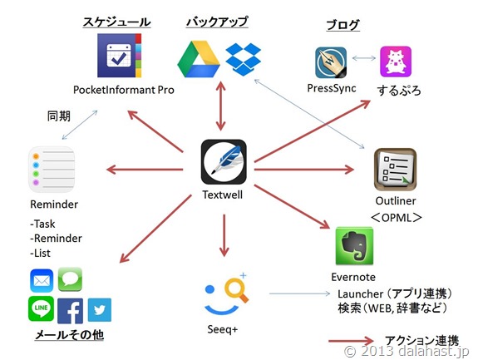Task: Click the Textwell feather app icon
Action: [224, 161]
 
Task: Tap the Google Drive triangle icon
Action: [199, 59]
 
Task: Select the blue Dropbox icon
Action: [244, 59]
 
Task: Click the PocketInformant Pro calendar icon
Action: [119, 55]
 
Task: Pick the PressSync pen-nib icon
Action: [331, 62]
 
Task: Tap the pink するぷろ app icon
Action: [396, 62]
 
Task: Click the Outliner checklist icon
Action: [395, 170]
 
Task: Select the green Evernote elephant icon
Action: [354, 246]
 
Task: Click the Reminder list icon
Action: [52, 170]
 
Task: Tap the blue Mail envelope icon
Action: [42, 280]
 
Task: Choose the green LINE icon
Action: [42, 308]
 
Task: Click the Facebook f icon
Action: [70, 311]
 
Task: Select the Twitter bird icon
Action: [100, 310]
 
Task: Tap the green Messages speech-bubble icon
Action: [70, 279]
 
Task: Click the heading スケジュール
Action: [116, 22]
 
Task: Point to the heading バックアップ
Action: [217, 22]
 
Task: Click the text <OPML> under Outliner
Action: [397, 218]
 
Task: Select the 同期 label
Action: [59, 116]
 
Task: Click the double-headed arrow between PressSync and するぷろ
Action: [363, 58]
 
